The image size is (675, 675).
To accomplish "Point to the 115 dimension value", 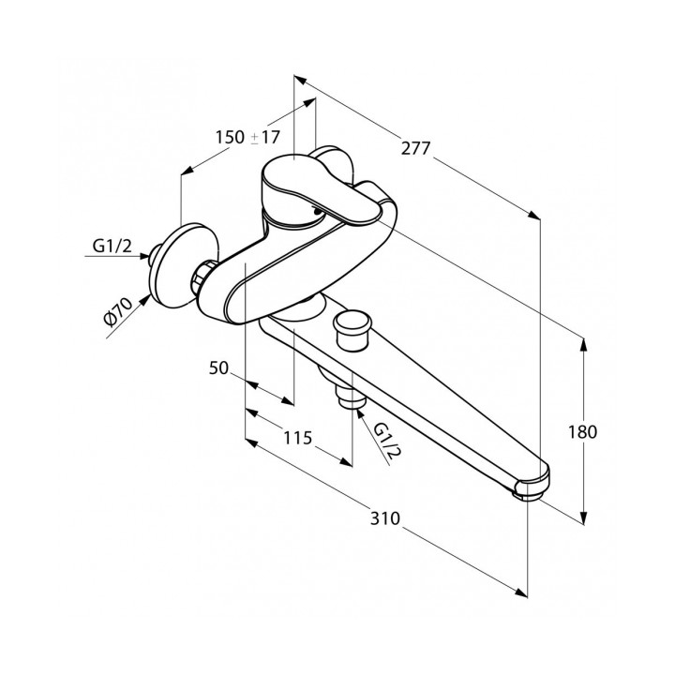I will pos(297,436).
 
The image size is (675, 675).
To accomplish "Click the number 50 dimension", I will pos(219,368).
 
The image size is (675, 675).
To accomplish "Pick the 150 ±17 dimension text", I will pos(247,137).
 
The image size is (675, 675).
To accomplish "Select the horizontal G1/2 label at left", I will pos(112,247).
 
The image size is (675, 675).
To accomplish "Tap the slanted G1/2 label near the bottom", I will pos(388,441).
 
